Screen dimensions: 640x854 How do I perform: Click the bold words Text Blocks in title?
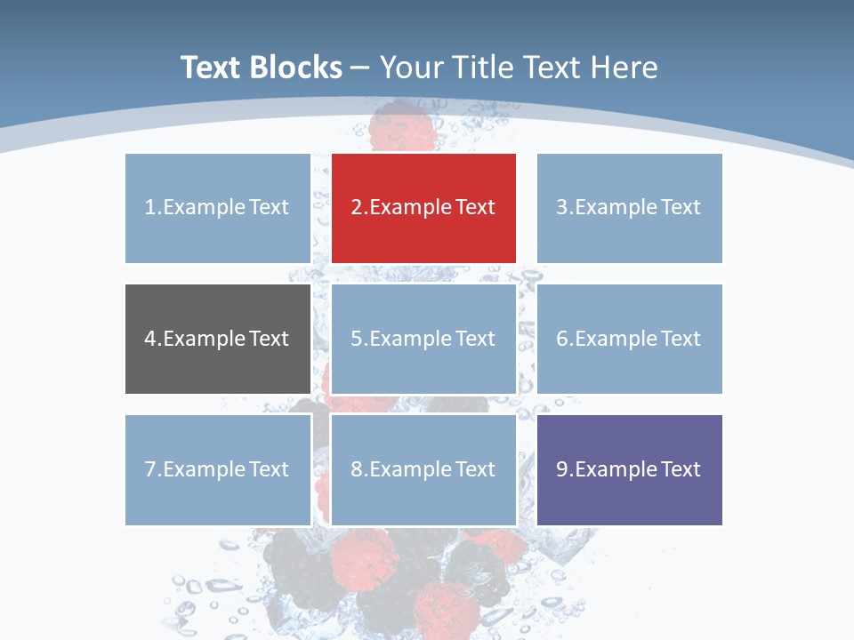262,68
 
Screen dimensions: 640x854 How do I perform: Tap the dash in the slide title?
360,68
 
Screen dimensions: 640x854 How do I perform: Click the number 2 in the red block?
357,207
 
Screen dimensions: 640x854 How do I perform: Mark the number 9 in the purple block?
562,469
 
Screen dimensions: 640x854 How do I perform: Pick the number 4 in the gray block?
150,339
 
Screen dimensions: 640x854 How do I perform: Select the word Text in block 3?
681,207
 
